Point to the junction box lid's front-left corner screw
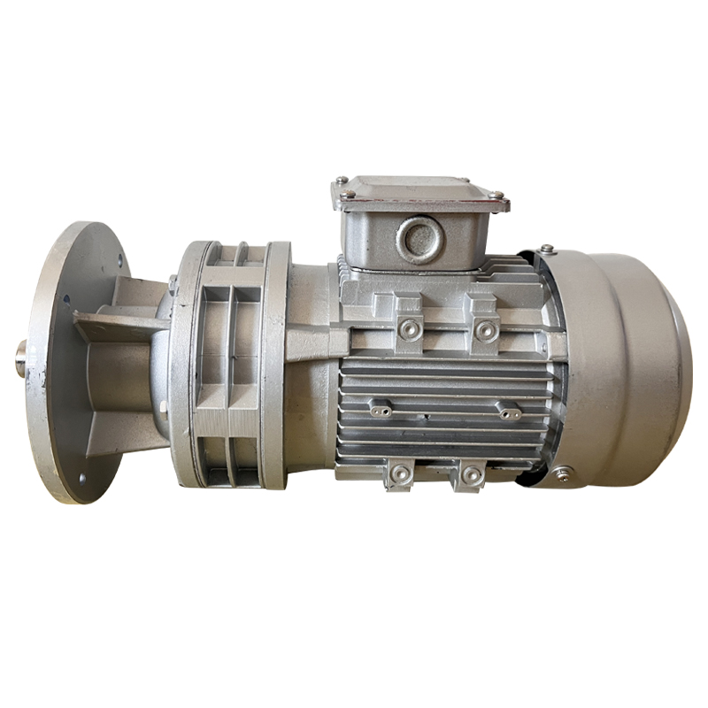[x=351, y=194]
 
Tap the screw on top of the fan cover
[x=548, y=249]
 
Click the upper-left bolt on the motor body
[x=408, y=329]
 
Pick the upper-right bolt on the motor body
[x=484, y=329]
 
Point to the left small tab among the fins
[x=381, y=409]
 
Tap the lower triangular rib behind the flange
[x=124, y=434]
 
